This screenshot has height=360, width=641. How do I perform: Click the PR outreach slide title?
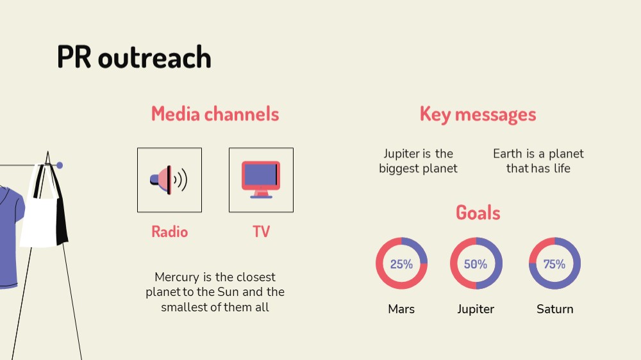[x=134, y=57]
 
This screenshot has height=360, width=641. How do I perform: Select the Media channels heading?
[x=215, y=113]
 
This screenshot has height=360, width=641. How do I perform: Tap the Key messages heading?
[x=478, y=115]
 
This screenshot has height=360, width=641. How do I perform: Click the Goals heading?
[x=478, y=213]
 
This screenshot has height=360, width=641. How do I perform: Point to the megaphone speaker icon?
[x=169, y=180]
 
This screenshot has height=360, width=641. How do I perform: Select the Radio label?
[x=170, y=232]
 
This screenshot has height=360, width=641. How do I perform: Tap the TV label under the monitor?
[x=262, y=232]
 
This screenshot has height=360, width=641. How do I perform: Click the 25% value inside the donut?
[x=401, y=265]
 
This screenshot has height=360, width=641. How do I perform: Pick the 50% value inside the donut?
[x=476, y=265]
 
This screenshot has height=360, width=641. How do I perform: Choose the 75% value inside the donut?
[x=554, y=265]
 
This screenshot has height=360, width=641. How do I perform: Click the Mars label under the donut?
[x=401, y=309]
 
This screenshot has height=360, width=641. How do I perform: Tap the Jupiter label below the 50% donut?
[x=476, y=309]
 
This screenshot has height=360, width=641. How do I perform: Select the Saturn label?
[x=554, y=309]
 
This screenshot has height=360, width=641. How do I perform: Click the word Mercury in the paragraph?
[x=177, y=277]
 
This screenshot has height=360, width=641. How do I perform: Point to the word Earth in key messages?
[x=508, y=154]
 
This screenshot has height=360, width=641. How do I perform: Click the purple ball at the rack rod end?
[x=60, y=165]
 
